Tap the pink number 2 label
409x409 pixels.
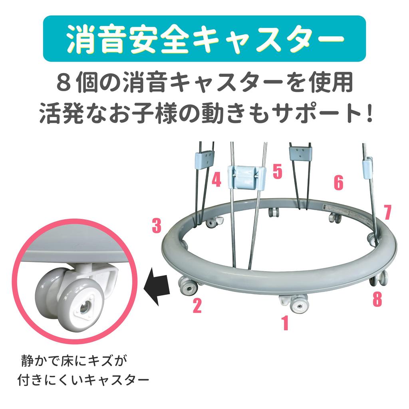click(x=197, y=306)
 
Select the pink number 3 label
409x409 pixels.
click(x=157, y=226)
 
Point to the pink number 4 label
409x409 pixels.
click(x=216, y=180)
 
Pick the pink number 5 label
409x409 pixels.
click(x=277, y=171)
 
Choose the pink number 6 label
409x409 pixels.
click(x=338, y=183)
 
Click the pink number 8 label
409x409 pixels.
click(x=377, y=299)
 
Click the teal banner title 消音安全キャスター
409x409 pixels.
click(x=204, y=39)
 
